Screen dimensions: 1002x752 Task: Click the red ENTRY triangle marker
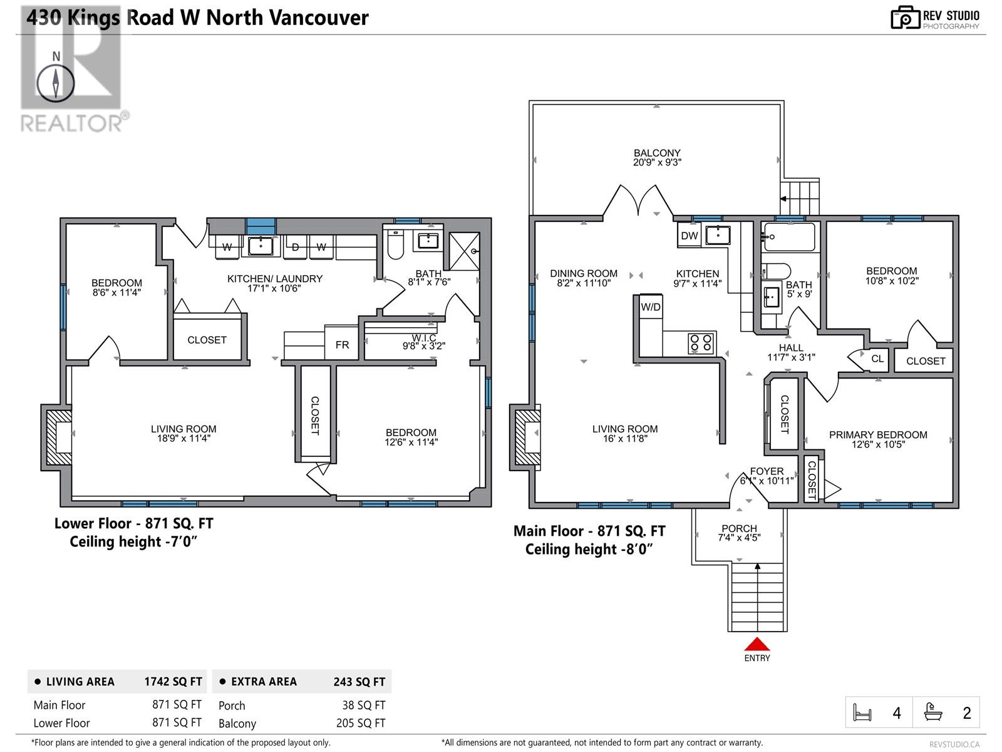(757, 644)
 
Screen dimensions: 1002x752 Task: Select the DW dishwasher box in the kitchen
(689, 236)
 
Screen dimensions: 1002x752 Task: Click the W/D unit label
(651, 307)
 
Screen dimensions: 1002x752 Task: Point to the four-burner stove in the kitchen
(701, 343)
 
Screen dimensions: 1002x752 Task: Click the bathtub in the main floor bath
(789, 237)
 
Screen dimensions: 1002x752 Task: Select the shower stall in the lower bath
(464, 251)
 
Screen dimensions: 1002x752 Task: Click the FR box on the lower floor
(341, 343)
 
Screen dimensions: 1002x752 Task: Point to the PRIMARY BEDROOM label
(878, 435)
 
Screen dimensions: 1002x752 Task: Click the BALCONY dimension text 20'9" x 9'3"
(657, 162)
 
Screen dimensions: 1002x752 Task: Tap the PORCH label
(739, 528)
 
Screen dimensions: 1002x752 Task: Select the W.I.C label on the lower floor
(423, 338)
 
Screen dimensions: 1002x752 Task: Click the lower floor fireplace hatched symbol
(58, 437)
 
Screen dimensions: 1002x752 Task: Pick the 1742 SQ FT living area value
(173, 681)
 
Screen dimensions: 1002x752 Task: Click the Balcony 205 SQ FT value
(361, 723)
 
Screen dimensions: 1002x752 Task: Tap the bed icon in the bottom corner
(862, 713)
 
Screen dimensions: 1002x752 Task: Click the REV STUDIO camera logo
(905, 18)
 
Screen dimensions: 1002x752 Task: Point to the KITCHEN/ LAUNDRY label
(275, 278)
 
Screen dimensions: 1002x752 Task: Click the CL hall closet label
(877, 358)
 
